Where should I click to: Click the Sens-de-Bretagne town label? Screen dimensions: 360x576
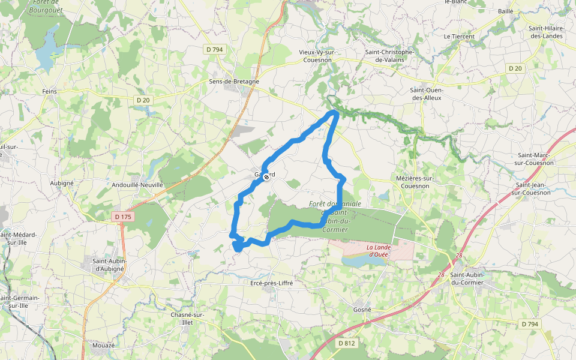tap(233, 82)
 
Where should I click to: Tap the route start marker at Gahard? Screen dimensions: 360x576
tap(266, 177)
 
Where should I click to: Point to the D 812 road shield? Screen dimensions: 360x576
tap(347, 343)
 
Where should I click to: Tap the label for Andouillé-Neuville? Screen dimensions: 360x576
tap(137, 185)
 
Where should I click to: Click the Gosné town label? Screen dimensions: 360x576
tap(362, 310)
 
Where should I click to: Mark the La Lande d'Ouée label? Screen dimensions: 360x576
tap(378, 251)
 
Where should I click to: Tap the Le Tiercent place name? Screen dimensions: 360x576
tap(459, 37)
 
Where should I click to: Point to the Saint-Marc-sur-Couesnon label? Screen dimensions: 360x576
tap(535, 159)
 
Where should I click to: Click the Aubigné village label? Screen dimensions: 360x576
tap(62, 182)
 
